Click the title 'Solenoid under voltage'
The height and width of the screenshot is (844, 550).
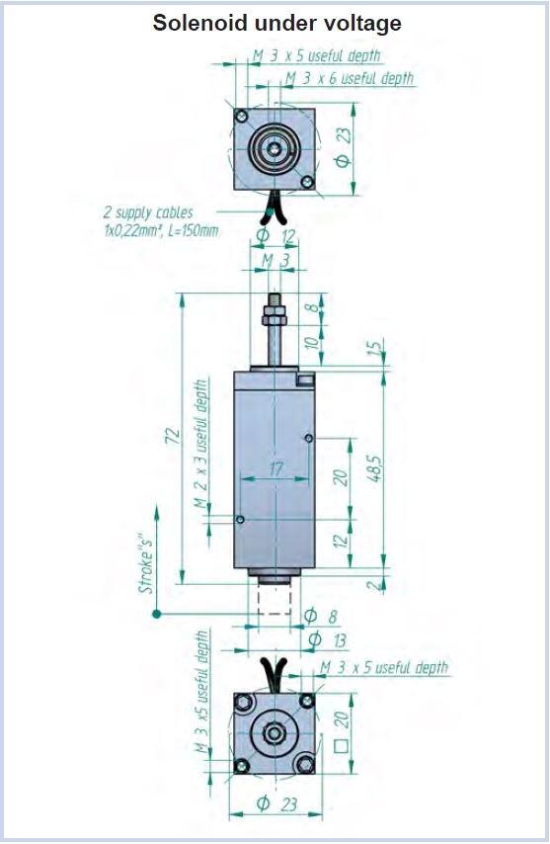276,23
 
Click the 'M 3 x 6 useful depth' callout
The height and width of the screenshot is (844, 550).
350,79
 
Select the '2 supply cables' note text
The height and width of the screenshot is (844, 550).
148,212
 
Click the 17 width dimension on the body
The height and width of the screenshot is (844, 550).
275,469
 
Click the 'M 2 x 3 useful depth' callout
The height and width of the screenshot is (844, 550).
200,444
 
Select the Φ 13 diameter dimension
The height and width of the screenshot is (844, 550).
327,640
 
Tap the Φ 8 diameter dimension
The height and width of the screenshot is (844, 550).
321,616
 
